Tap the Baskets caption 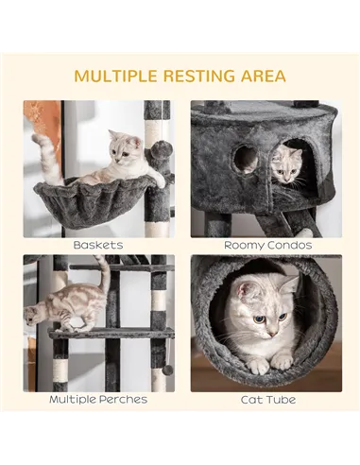(x=98, y=245)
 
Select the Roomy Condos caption (x=263, y=245)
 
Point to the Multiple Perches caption (x=98, y=400)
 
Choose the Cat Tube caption (x=263, y=400)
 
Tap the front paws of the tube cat (x=268, y=362)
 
